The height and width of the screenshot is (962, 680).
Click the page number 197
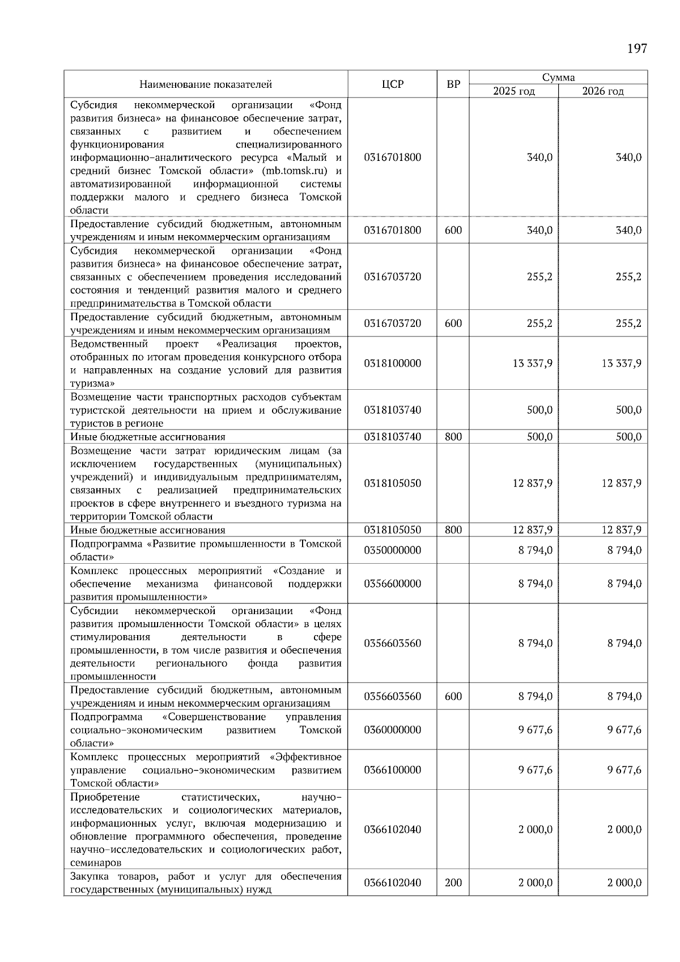tap(637, 49)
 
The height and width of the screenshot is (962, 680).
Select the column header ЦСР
tap(393, 84)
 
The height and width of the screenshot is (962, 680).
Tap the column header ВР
tap(453, 84)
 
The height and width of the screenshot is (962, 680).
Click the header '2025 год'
tap(513, 91)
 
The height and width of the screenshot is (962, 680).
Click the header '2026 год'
tap(603, 91)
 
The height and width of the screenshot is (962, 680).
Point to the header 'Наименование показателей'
tap(206, 84)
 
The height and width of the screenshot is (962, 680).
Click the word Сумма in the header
tap(558, 78)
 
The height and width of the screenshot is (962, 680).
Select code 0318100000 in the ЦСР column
tap(393, 363)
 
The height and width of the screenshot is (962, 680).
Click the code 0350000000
tap(393, 550)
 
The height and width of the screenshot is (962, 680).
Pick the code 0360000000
tap(393, 730)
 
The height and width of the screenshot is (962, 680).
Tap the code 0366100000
tap(393, 770)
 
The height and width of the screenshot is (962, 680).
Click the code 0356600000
tap(393, 584)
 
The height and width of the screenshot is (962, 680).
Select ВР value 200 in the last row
tap(453, 883)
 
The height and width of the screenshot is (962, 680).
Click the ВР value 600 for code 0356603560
tap(453, 696)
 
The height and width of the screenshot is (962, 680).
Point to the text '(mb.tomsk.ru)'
tap(295, 171)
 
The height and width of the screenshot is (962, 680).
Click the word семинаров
tap(96, 863)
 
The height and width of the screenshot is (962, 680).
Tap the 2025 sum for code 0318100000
tap(532, 363)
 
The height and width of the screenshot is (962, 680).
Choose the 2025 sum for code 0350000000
tap(535, 550)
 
